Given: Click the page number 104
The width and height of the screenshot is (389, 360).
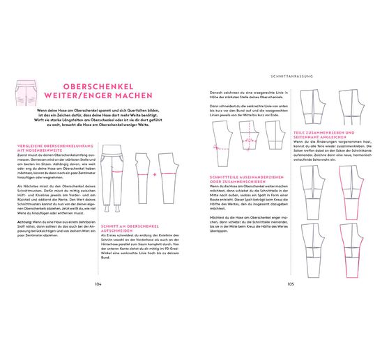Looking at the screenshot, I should [98, 284].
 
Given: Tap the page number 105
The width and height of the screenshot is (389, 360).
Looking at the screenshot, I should [291, 284].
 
